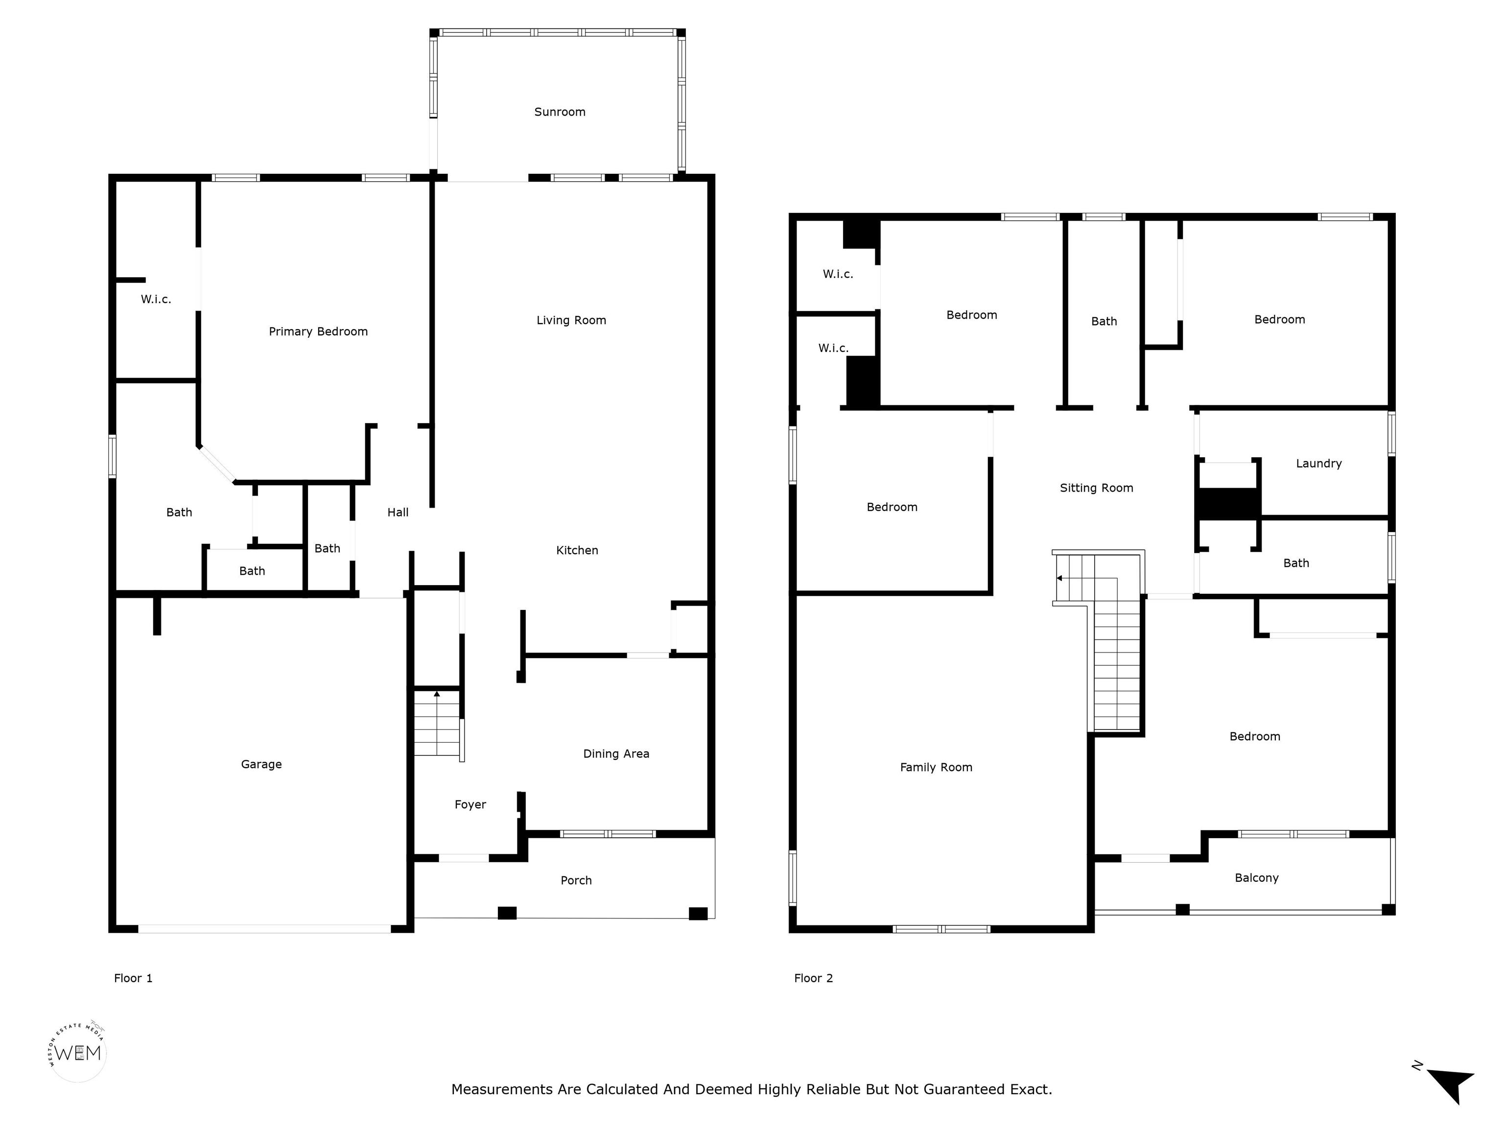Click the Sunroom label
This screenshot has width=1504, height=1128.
click(x=560, y=112)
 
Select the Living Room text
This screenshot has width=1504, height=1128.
click(x=571, y=320)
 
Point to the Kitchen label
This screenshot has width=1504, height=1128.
click(x=577, y=550)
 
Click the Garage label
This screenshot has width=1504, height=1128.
click(x=261, y=764)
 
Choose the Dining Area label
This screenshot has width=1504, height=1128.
click(x=616, y=753)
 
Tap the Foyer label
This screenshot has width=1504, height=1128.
click(x=470, y=804)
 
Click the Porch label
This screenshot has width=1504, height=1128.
click(x=576, y=880)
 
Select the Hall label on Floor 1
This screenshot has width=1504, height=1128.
click(x=398, y=512)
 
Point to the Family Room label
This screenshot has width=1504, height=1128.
click(x=936, y=768)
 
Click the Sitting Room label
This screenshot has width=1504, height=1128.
click(x=1097, y=488)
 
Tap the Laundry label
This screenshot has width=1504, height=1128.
click(x=1319, y=464)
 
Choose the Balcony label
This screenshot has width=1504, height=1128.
click(x=1256, y=878)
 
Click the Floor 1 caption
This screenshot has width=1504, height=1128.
click(x=133, y=978)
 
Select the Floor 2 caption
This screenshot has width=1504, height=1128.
click(x=813, y=978)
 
